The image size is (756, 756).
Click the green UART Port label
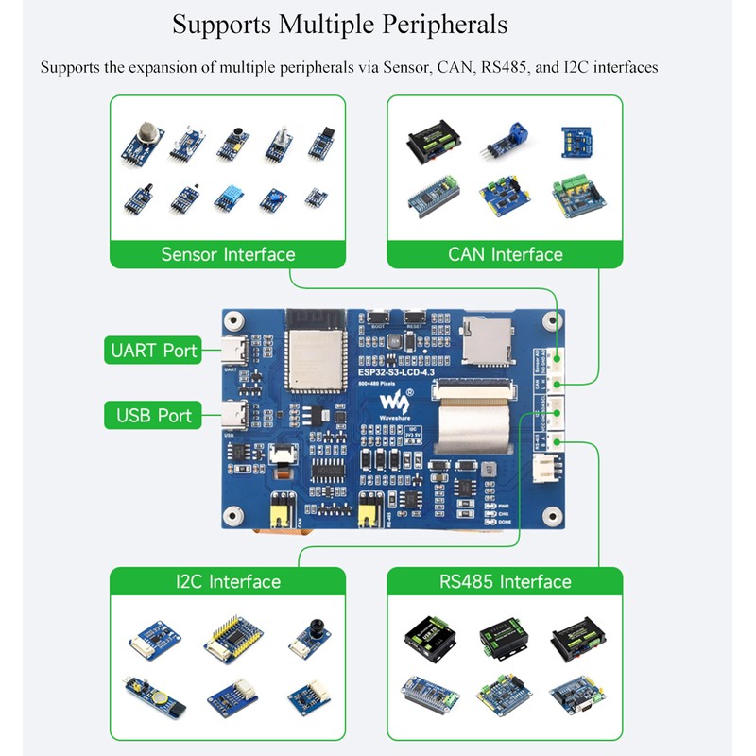[x=154, y=351]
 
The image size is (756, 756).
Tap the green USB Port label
[x=154, y=415]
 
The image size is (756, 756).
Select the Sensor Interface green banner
[x=228, y=254]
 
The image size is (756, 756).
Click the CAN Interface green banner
[x=505, y=254]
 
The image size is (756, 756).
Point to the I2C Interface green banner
[x=228, y=581]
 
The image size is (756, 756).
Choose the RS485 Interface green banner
[x=505, y=581]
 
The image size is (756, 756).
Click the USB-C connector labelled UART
[x=234, y=352]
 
